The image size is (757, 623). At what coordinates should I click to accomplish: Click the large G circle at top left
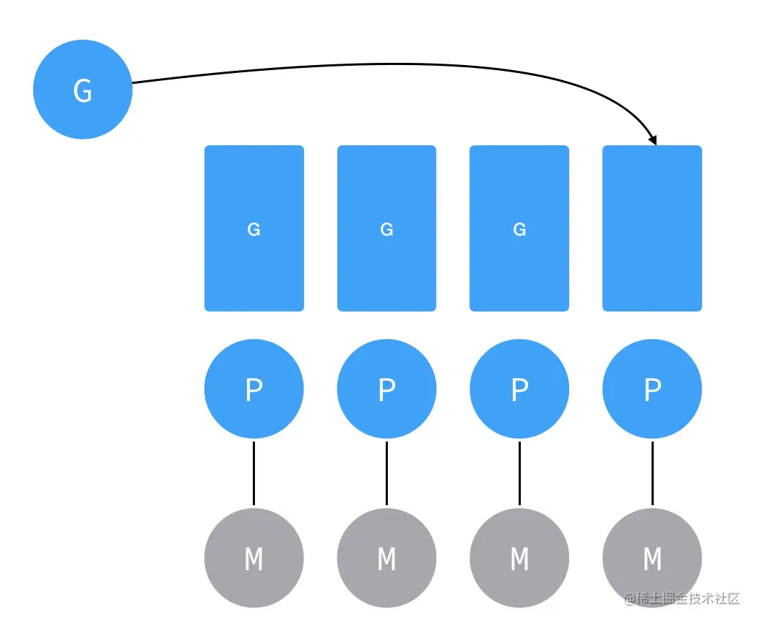click(82, 90)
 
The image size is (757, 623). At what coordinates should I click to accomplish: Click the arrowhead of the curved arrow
click(653, 139)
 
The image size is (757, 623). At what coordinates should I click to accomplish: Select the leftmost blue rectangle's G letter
click(254, 229)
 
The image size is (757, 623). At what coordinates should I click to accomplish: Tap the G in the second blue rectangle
click(386, 229)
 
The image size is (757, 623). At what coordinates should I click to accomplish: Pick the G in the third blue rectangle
click(519, 229)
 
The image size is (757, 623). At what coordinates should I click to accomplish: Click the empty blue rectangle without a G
click(652, 228)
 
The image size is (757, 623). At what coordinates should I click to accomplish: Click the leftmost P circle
click(254, 389)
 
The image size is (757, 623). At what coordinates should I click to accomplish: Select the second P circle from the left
click(386, 389)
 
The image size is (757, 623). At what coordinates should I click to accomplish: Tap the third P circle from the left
click(519, 389)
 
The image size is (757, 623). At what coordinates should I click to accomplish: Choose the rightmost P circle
click(652, 389)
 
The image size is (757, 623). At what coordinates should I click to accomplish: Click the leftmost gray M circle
click(254, 558)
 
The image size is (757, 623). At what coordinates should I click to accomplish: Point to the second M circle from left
click(386, 558)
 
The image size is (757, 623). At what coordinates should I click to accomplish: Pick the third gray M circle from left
click(519, 558)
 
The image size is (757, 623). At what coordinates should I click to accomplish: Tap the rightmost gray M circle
click(652, 558)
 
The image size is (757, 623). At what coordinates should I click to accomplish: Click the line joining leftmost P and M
click(254, 473)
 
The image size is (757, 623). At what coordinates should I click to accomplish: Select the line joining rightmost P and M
click(653, 473)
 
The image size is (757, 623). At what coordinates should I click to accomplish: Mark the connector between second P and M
click(386, 473)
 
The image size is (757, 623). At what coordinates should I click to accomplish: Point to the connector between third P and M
click(519, 473)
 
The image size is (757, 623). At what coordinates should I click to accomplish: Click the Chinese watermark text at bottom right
click(688, 599)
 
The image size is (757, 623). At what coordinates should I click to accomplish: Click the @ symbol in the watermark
click(630, 599)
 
